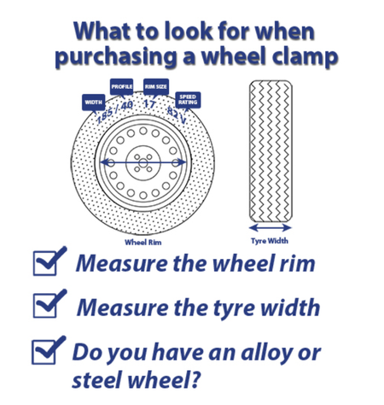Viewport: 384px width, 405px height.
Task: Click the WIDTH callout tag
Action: click(93, 103)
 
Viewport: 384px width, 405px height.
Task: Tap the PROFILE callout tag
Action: click(121, 86)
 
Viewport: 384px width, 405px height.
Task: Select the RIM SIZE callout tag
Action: click(156, 86)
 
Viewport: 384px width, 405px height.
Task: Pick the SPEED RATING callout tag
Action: click(188, 100)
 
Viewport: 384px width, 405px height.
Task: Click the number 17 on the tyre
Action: click(149, 104)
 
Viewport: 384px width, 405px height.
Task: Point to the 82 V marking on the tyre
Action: click(177, 115)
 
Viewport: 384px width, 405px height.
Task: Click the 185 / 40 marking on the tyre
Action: click(114, 112)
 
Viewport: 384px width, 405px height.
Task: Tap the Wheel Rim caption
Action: click(143, 243)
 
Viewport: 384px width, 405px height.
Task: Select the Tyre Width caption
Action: click(270, 241)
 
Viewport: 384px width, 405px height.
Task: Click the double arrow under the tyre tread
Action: click(271, 227)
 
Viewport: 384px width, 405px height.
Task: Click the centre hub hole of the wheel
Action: click(143, 163)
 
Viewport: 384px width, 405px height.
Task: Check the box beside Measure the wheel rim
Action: click(45, 263)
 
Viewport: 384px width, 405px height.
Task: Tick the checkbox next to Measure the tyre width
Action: click(45, 306)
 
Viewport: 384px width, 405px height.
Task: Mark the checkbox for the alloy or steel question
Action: click(44, 352)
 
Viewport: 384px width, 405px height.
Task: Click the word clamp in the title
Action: click(305, 56)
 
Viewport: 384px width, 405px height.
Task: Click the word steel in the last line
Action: click(97, 379)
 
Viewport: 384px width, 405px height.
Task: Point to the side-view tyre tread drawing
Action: click(271, 151)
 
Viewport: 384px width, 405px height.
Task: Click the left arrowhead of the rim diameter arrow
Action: click(105, 162)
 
